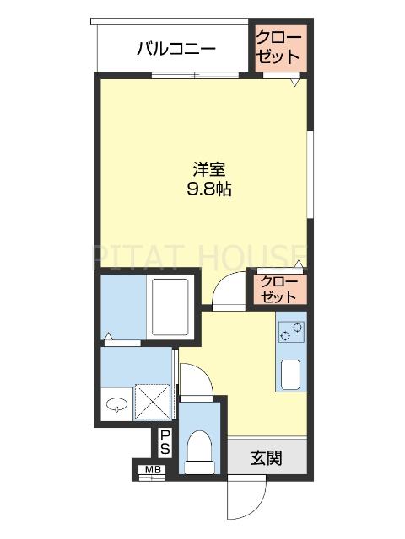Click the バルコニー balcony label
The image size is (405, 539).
pos(176,49)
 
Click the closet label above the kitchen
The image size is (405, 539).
pos(278,288)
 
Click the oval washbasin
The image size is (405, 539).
pos(116,403)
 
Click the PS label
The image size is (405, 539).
pos(165,442)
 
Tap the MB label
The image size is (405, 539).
pos(154,471)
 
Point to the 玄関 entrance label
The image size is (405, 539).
pos(266,458)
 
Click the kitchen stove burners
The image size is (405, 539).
pos(290,333)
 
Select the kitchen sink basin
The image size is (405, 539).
pos(291,372)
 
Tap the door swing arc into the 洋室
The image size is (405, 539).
pos(225,290)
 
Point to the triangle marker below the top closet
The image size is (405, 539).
pos(295,83)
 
